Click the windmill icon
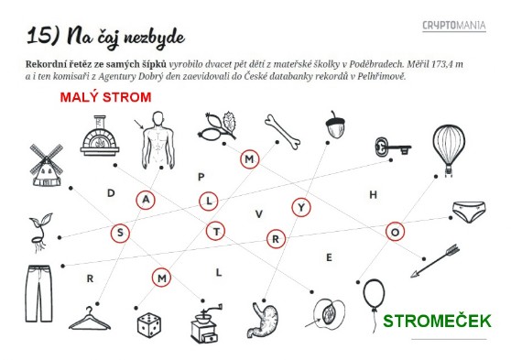46,165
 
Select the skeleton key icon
392,147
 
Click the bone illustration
282,132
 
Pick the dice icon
149,325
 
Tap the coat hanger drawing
90,319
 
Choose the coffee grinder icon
205,323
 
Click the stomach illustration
266,320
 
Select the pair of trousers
39,293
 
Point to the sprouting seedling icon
40,232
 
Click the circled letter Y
301,207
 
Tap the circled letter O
395,232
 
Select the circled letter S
120,234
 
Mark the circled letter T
216,231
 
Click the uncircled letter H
374,195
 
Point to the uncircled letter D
111,193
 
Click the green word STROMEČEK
437,321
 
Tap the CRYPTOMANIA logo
454,26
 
